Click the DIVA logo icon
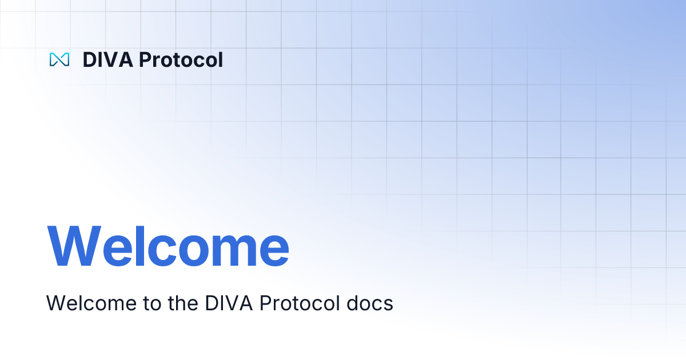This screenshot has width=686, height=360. [x=59, y=59]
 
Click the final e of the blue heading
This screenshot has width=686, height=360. [x=273, y=252]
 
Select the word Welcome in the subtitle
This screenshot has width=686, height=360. [x=87, y=303]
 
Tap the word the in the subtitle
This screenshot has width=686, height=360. [x=179, y=303]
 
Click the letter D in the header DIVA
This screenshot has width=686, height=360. [x=89, y=59]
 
